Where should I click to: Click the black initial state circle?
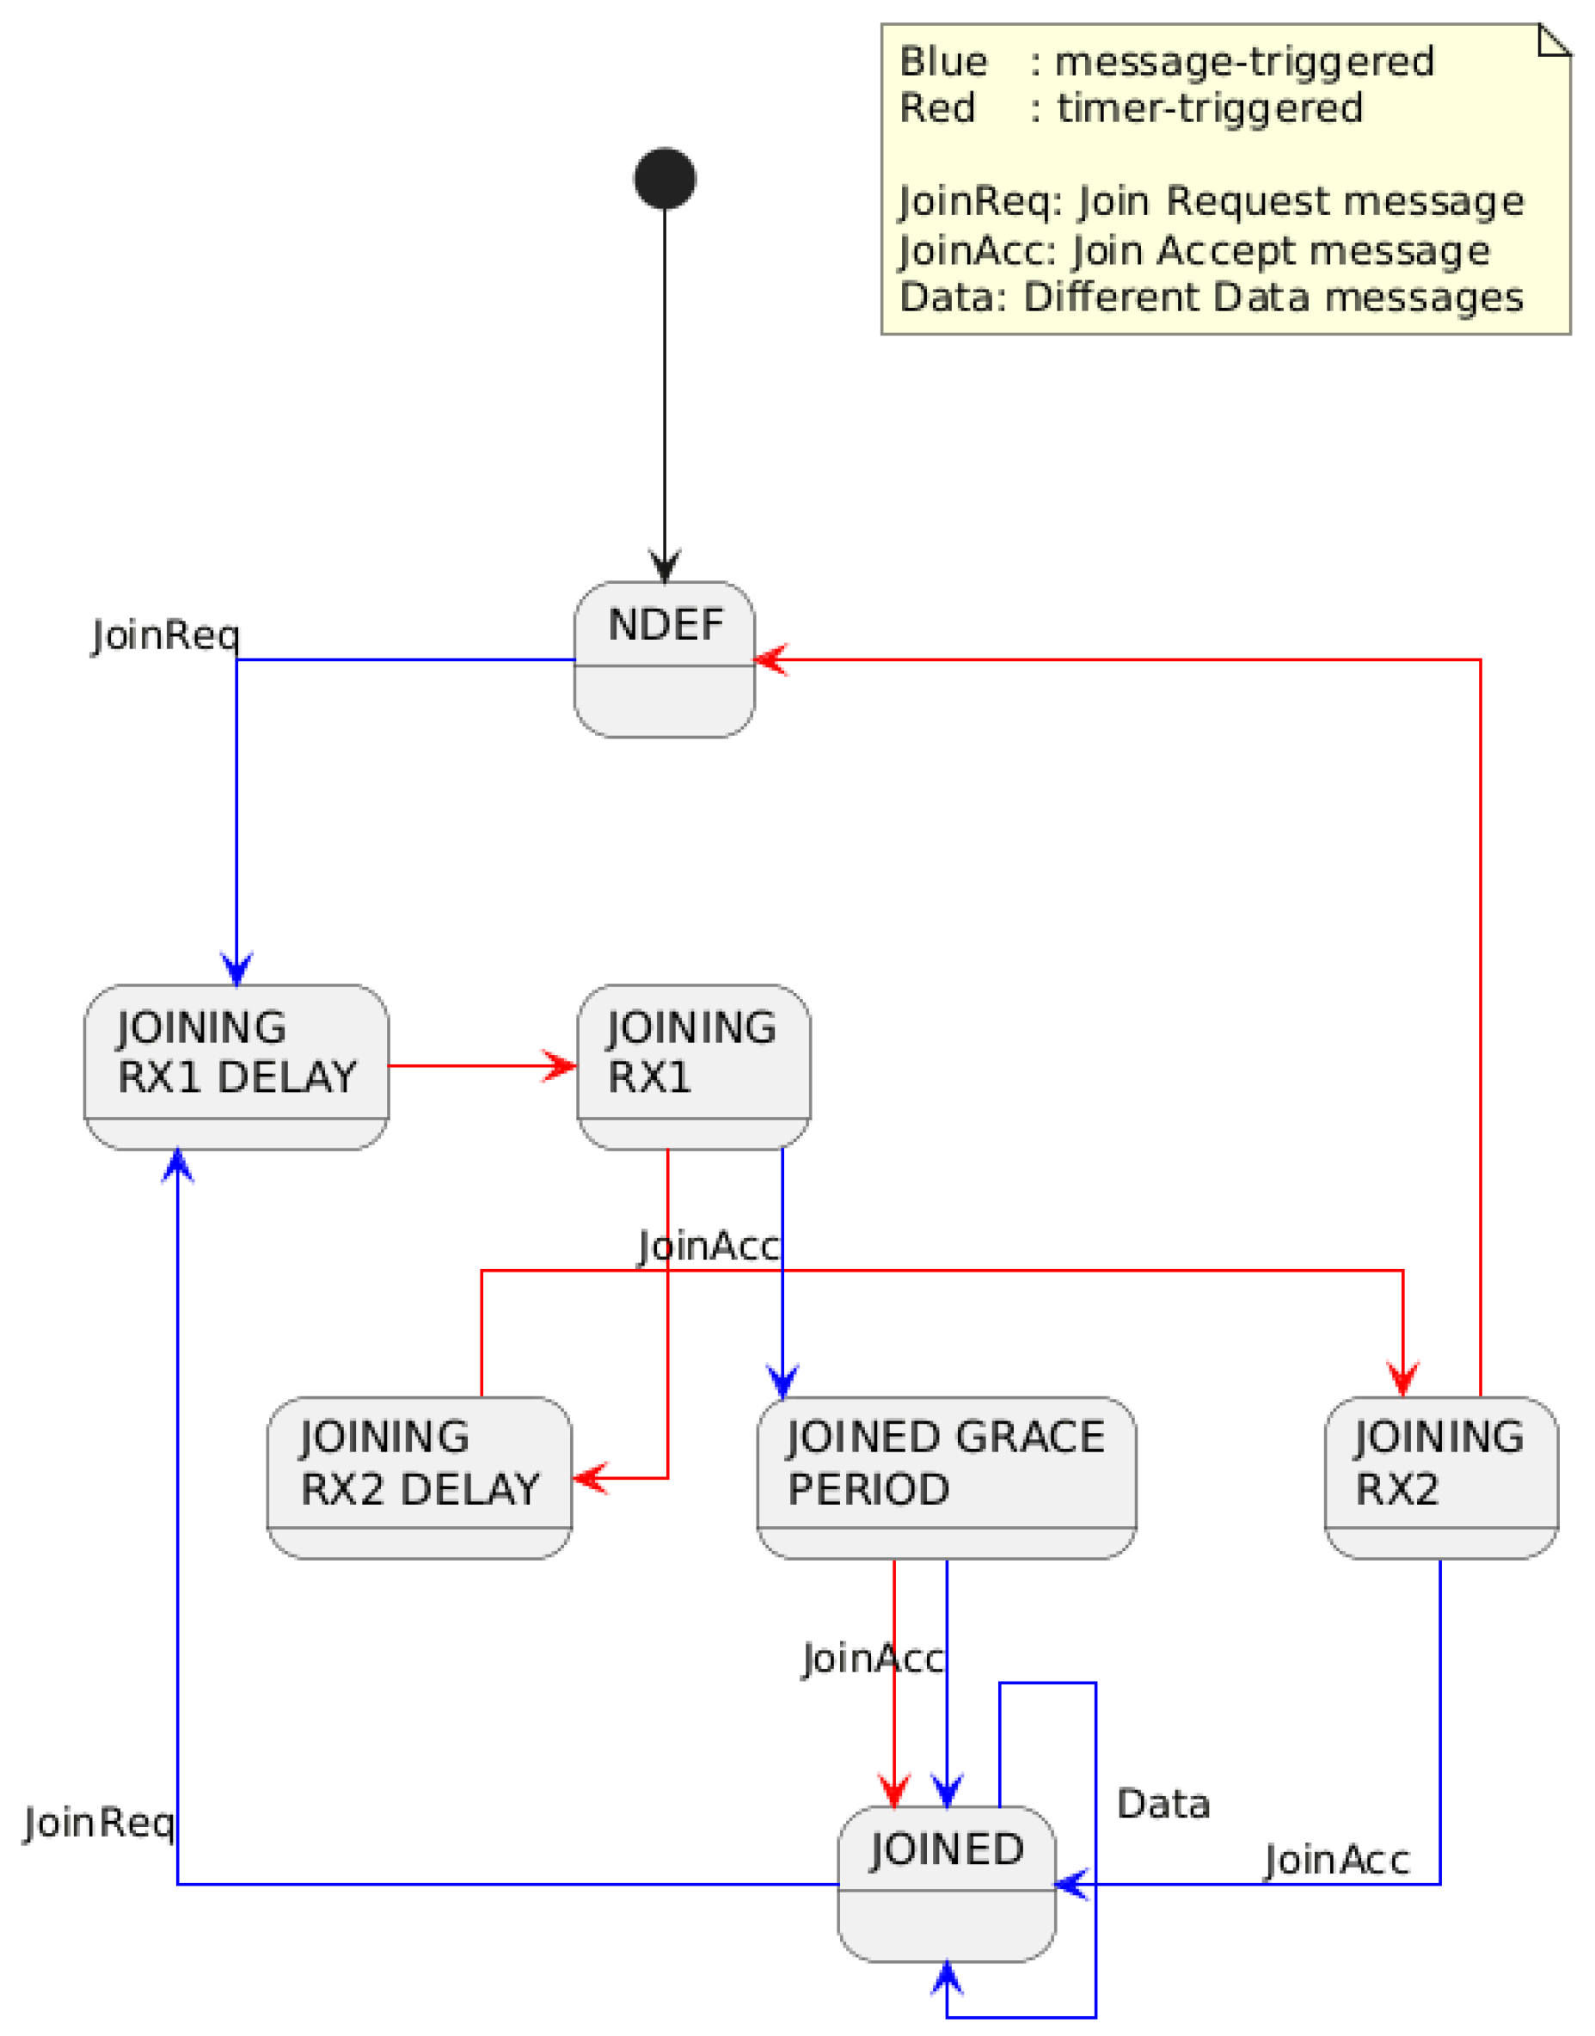pos(664,178)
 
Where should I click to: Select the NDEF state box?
pos(664,659)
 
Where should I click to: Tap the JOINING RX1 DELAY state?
pos(236,1066)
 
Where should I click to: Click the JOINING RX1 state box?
pos(693,1066)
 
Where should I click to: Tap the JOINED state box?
pos(946,1883)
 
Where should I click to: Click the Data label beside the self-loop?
pos(1163,1804)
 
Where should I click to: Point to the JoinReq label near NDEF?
pos(166,636)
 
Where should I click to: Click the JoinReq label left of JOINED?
pos(99,1822)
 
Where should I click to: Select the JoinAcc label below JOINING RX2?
pos(1335,1860)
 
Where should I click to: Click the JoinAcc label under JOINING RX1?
pos(708,1247)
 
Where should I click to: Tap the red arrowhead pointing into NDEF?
pos(771,659)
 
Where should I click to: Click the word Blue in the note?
pos(942,62)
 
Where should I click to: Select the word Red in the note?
pos(936,108)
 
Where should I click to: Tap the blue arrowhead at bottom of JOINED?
pos(946,1978)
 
